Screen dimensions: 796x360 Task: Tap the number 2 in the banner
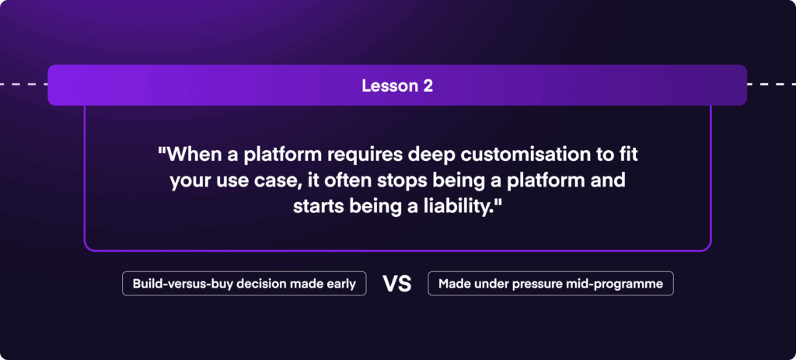(428, 86)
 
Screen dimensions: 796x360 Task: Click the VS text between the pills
(397, 284)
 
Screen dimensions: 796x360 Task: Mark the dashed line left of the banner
(24, 84)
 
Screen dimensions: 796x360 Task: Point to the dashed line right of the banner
(771, 84)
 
